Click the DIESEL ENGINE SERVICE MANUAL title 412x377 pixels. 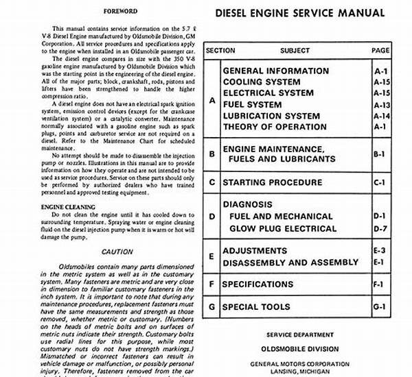coord(300,13)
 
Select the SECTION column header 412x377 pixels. coord(220,50)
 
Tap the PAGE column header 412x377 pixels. coord(380,50)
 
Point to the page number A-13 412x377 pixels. coord(382,105)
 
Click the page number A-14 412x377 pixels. coord(382,116)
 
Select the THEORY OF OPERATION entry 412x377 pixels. coord(275,127)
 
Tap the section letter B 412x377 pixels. coord(212,154)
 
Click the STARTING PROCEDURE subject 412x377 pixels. coord(272,182)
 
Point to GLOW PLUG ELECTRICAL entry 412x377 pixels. coord(283,229)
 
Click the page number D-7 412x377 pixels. coord(380,229)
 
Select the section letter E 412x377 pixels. coord(212,256)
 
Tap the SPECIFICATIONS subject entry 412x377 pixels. coord(257,284)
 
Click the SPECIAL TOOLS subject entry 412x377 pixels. coord(256,306)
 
